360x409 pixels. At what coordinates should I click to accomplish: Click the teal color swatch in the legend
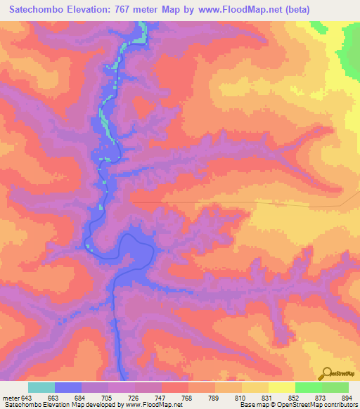[41, 387]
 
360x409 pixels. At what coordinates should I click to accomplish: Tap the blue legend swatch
[68, 387]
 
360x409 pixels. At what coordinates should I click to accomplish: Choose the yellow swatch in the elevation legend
[281, 387]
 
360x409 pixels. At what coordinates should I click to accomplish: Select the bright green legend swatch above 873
[309, 387]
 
